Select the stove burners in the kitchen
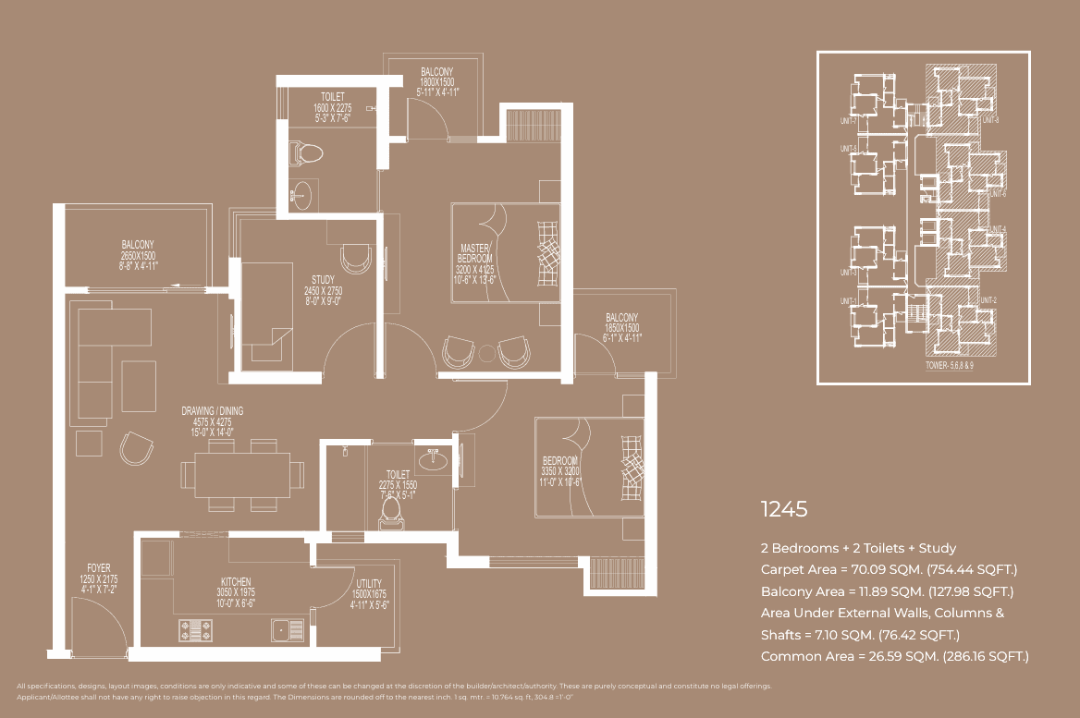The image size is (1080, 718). (197, 630)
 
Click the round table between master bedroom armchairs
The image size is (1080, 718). (487, 352)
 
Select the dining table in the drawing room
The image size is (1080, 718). (242, 474)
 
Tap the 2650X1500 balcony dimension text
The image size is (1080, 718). (139, 256)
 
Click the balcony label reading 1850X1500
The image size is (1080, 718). (621, 328)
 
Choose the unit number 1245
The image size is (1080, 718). (784, 509)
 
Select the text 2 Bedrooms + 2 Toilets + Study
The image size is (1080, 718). (858, 548)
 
